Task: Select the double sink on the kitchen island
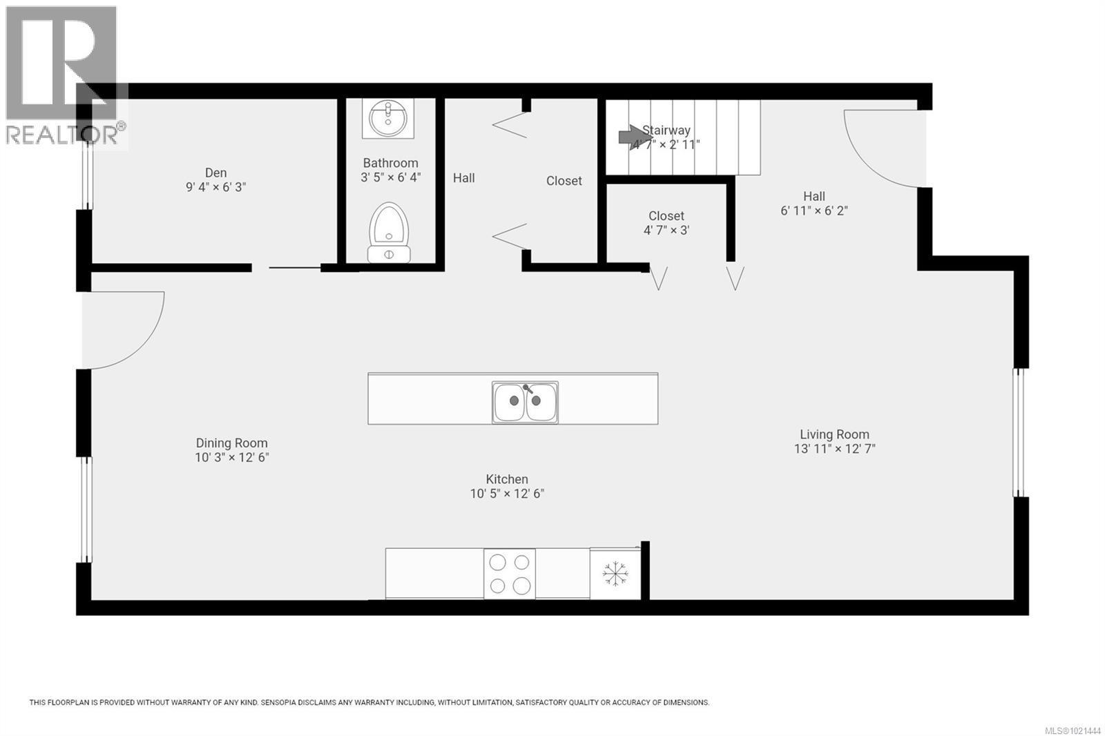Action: (x=525, y=402)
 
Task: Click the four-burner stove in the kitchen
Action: (x=510, y=574)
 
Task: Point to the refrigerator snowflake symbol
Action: (x=615, y=574)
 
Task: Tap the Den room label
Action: (x=215, y=173)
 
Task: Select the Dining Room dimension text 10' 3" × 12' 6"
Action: (x=231, y=457)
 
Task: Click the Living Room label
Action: (x=834, y=434)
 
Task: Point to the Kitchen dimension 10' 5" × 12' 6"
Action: (x=507, y=493)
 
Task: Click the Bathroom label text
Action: (x=390, y=163)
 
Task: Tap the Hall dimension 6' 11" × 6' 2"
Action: (x=814, y=211)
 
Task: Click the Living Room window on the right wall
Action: (x=1019, y=432)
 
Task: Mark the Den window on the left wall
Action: (x=87, y=174)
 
